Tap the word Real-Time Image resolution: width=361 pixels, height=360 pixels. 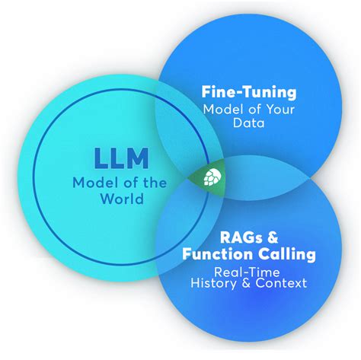click(x=239, y=270)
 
